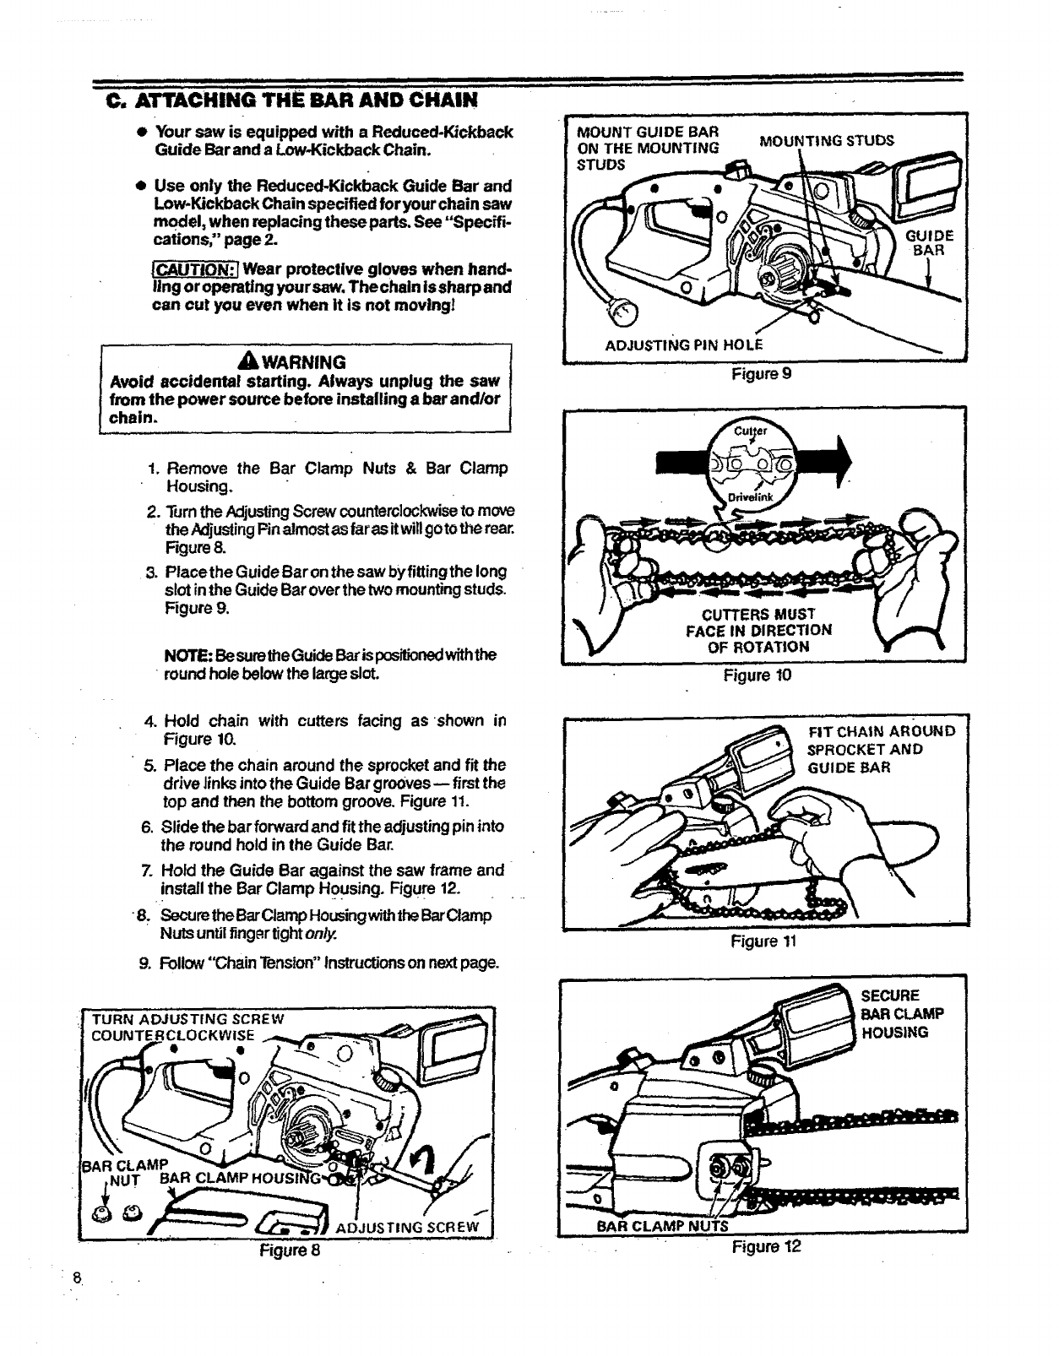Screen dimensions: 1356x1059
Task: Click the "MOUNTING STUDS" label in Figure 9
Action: pos(826,140)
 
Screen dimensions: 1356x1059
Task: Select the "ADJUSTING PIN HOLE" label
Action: pos(684,344)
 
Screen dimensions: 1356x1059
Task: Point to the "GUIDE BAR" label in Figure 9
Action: pos(931,242)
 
